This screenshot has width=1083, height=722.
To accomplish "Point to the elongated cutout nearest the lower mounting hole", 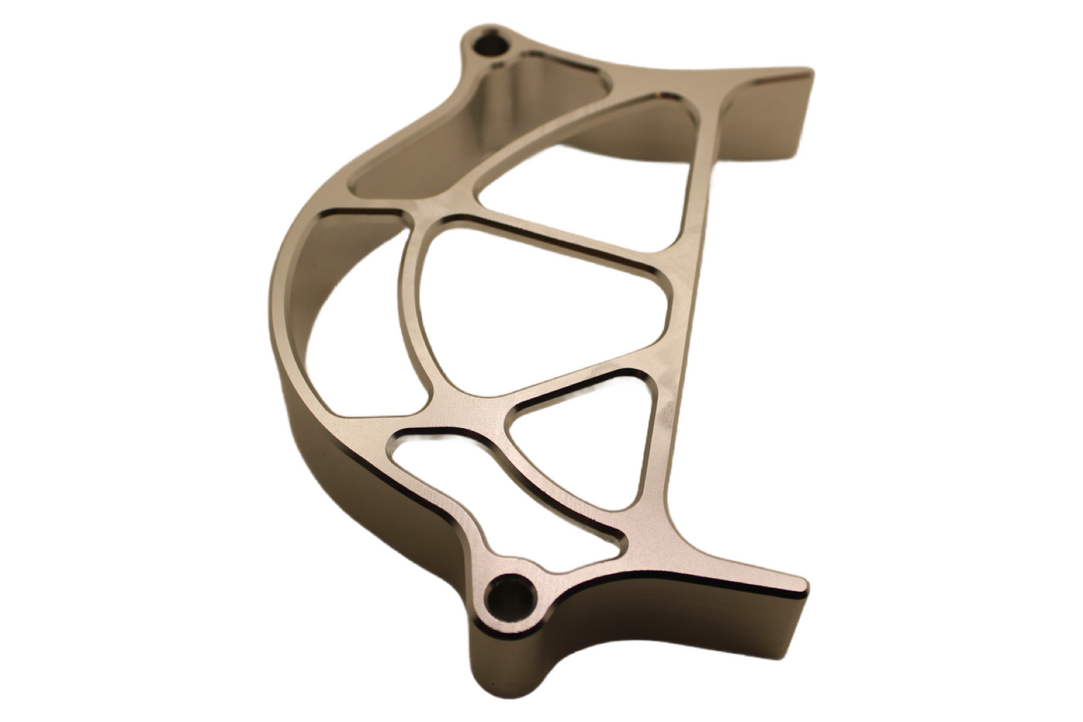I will (480, 480).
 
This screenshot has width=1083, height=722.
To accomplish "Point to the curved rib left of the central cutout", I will (408, 315).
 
